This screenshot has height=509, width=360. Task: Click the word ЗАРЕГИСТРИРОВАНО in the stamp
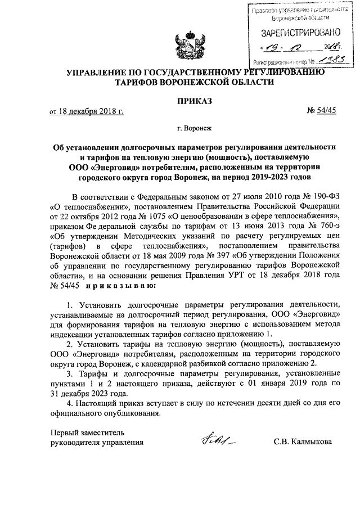[296, 32]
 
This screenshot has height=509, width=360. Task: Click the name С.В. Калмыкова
[306, 442]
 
